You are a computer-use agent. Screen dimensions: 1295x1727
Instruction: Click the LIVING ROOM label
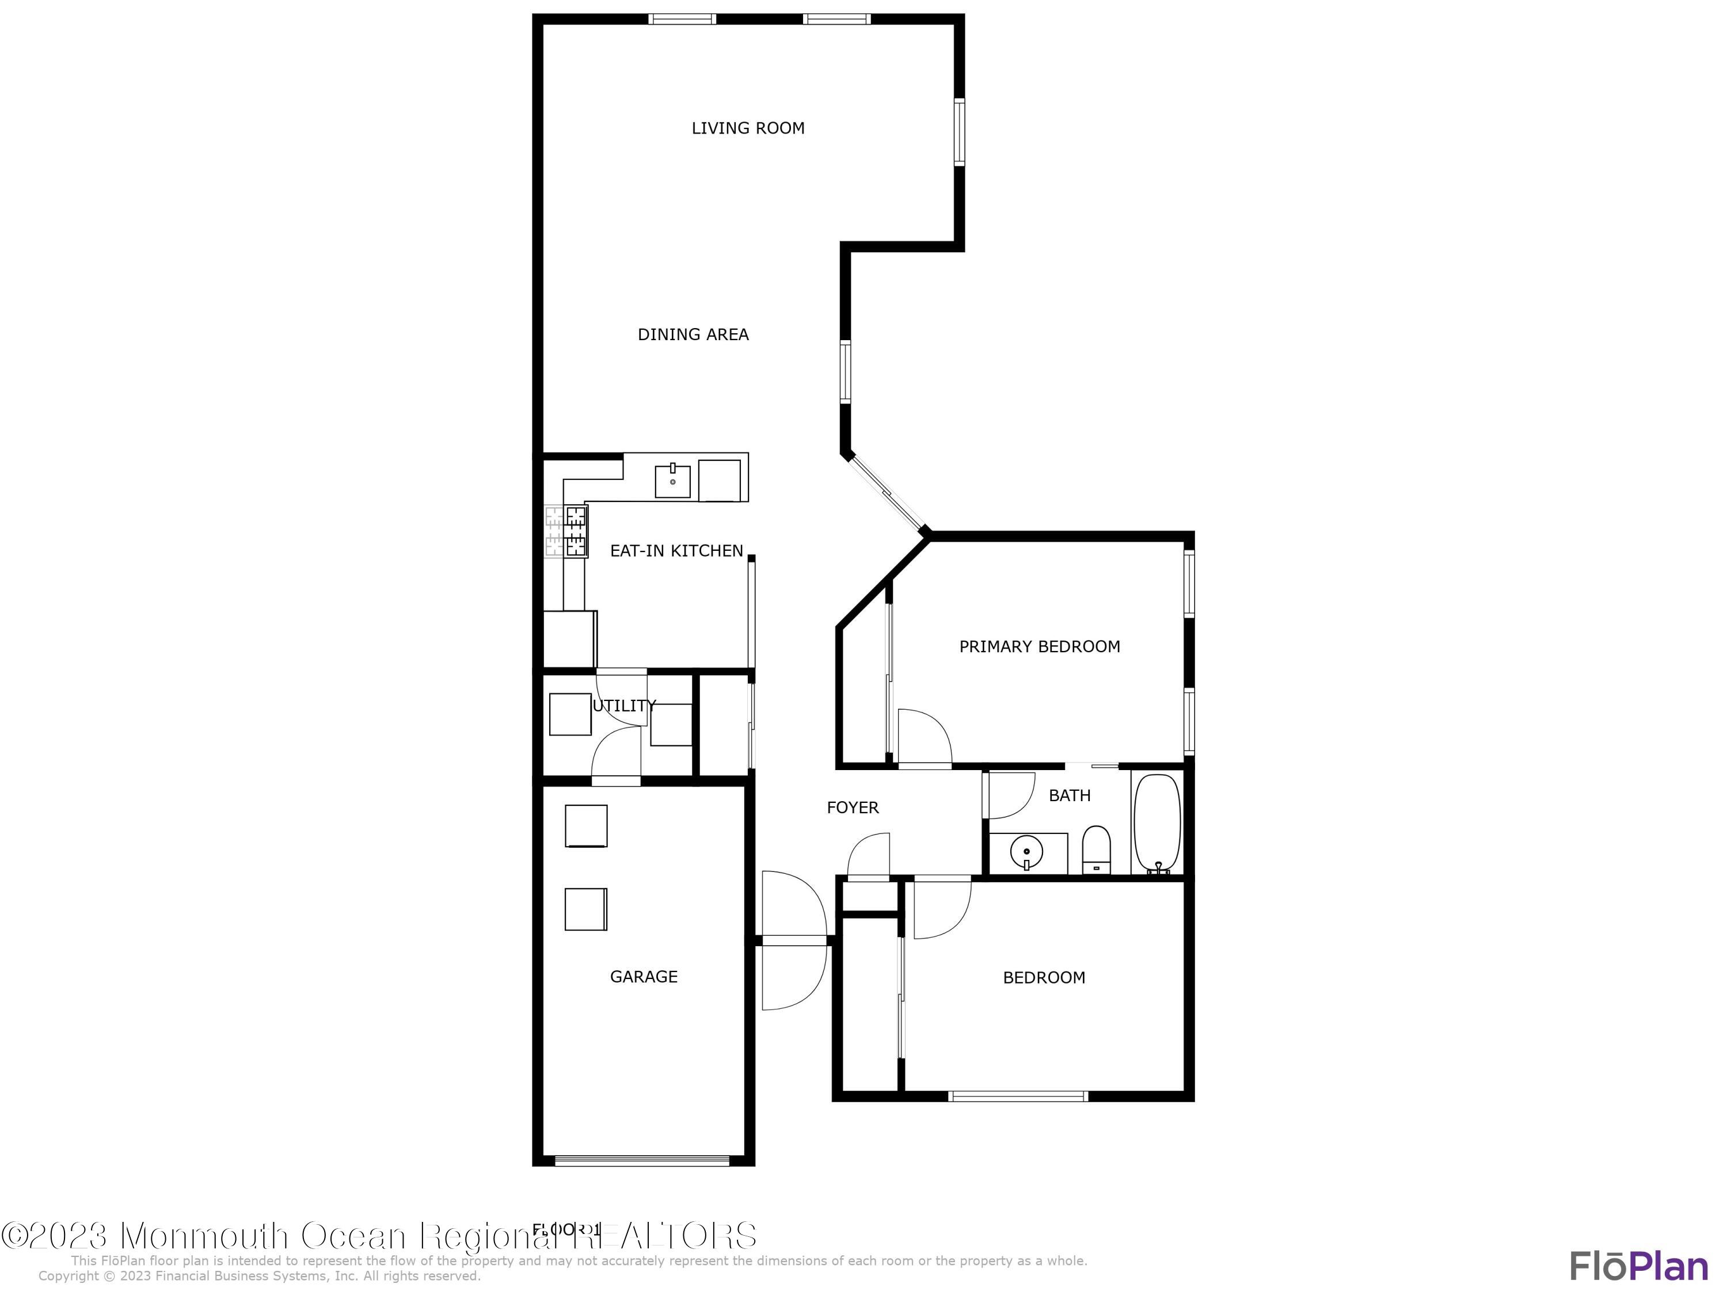pos(747,128)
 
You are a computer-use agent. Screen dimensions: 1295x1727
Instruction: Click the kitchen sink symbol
pos(672,480)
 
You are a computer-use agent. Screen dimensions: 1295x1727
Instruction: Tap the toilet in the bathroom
pos(1096,850)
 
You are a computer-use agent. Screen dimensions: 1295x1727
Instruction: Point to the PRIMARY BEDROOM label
pos(1039,646)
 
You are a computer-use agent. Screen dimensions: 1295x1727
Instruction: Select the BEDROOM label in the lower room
pos(1043,977)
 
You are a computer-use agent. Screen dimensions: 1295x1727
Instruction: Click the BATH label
pos(1069,795)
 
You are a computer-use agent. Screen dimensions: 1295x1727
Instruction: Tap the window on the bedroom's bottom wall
pos(1017,1096)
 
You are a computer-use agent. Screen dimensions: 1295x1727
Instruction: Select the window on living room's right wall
pos(960,131)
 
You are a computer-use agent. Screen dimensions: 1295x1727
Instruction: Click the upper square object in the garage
pos(585,826)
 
